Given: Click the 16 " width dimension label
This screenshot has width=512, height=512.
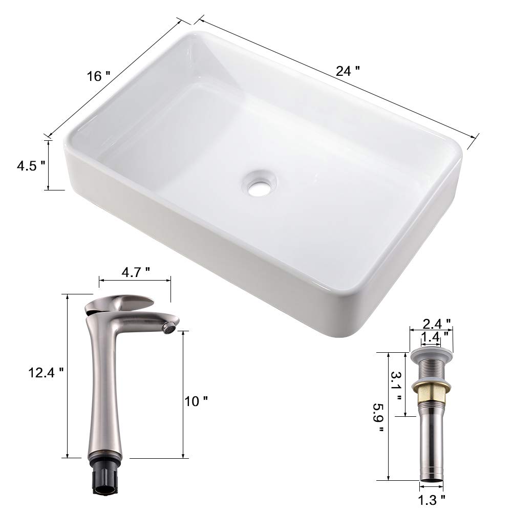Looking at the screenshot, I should click(x=99, y=77).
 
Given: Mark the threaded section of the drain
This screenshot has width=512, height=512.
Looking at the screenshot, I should click(x=431, y=370).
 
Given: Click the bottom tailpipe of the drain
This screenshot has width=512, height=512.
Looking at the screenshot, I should click(x=431, y=451).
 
